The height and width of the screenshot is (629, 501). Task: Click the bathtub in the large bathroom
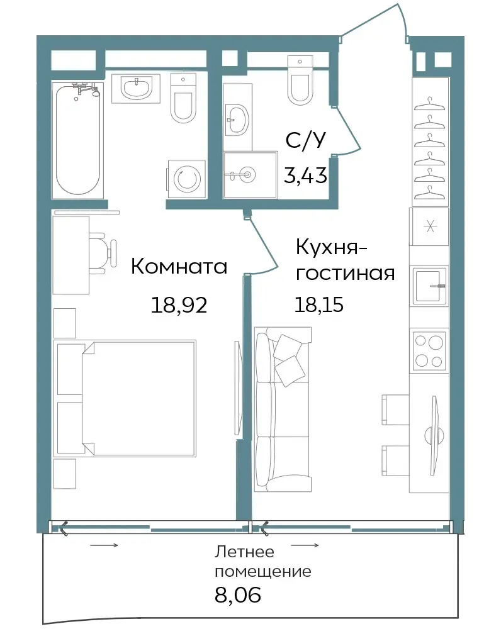(x=77, y=140)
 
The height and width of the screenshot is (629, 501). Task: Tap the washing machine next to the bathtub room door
(x=186, y=179)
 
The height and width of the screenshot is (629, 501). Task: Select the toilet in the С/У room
(x=300, y=80)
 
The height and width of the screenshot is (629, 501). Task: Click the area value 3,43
(x=305, y=175)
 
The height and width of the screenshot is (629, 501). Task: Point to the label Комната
(x=179, y=266)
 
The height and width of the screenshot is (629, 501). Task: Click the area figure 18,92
(x=179, y=305)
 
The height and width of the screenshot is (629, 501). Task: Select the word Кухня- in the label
(x=332, y=247)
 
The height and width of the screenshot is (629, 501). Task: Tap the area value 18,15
(x=319, y=304)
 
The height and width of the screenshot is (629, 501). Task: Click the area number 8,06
(x=238, y=594)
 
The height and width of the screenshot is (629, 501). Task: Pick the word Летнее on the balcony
(x=244, y=552)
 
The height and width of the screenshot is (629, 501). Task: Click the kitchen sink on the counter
(x=429, y=286)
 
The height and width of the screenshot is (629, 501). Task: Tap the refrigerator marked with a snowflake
(x=429, y=226)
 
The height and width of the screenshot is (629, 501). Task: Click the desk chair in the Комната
(x=103, y=253)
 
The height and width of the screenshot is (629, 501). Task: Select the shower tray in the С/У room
(x=250, y=174)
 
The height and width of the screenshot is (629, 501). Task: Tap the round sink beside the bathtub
(x=136, y=88)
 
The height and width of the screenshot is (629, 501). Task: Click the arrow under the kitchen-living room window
(x=305, y=545)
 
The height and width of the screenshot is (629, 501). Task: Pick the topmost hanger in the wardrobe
(x=429, y=104)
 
